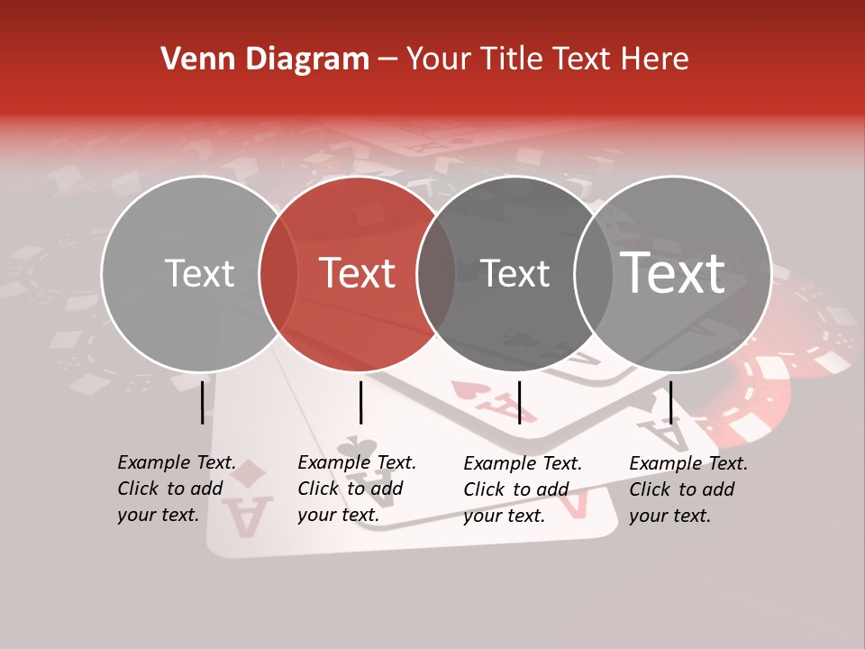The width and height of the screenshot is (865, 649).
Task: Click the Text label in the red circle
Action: click(358, 273)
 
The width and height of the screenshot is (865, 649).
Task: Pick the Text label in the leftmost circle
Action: click(199, 273)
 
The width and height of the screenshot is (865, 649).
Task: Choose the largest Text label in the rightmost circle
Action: click(673, 272)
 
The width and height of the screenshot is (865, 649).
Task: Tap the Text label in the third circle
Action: click(514, 273)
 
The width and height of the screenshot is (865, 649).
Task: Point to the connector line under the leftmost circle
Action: click(202, 402)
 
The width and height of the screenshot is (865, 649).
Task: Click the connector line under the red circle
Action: click(360, 402)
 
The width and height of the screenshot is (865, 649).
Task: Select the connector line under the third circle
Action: click(519, 402)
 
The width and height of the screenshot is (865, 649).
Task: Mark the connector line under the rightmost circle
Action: click(670, 402)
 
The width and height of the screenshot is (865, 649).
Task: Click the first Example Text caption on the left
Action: click(177, 489)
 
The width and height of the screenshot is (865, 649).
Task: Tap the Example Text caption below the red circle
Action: click(357, 489)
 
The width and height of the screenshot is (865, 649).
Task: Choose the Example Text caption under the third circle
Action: click(523, 489)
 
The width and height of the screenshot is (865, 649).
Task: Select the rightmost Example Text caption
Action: click(688, 489)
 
